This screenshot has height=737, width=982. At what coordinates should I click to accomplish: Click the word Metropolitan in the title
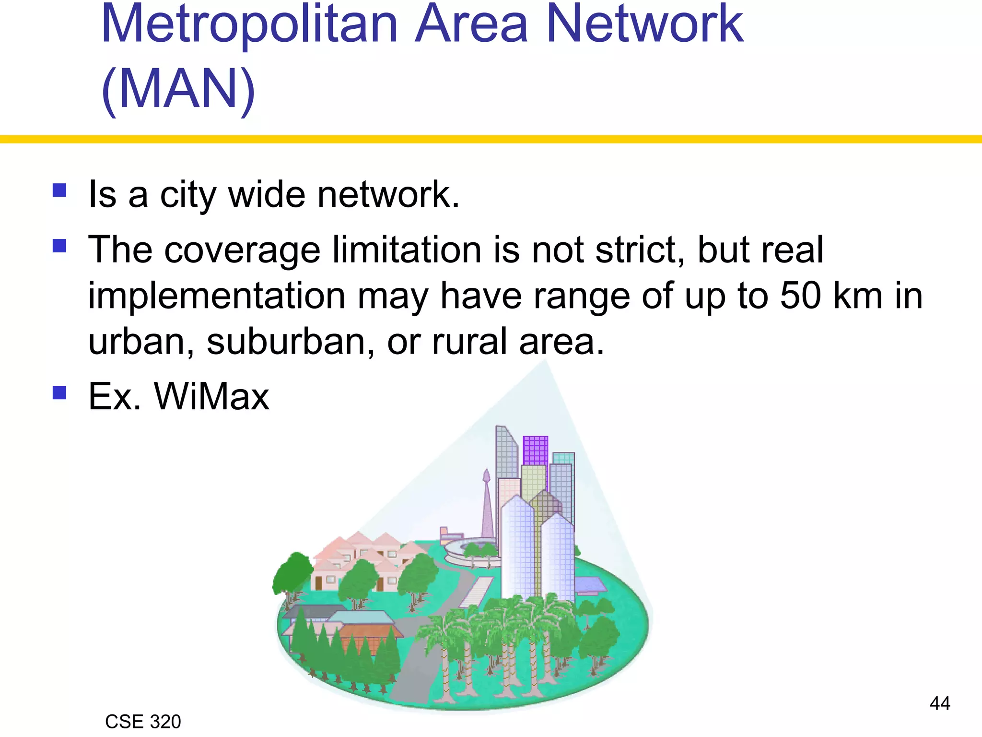(249, 24)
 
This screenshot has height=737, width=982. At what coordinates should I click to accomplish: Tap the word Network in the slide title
(645, 24)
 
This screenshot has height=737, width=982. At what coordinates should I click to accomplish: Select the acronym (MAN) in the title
(178, 89)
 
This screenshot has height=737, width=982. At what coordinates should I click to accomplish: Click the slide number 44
(940, 703)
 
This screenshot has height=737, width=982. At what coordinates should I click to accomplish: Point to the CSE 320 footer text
(143, 722)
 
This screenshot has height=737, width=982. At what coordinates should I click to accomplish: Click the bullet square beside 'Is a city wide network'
(59, 190)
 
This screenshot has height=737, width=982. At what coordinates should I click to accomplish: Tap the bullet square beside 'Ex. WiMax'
(59, 392)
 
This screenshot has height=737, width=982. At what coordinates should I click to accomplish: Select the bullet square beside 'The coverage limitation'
(59, 246)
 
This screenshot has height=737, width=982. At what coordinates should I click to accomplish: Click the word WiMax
(211, 397)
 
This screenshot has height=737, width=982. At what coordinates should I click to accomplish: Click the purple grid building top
(535, 450)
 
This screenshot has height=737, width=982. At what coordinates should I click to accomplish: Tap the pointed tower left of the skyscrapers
(487, 504)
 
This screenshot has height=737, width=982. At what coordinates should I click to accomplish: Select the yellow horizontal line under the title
(491, 139)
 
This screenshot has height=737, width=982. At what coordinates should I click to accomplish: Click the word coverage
(242, 251)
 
